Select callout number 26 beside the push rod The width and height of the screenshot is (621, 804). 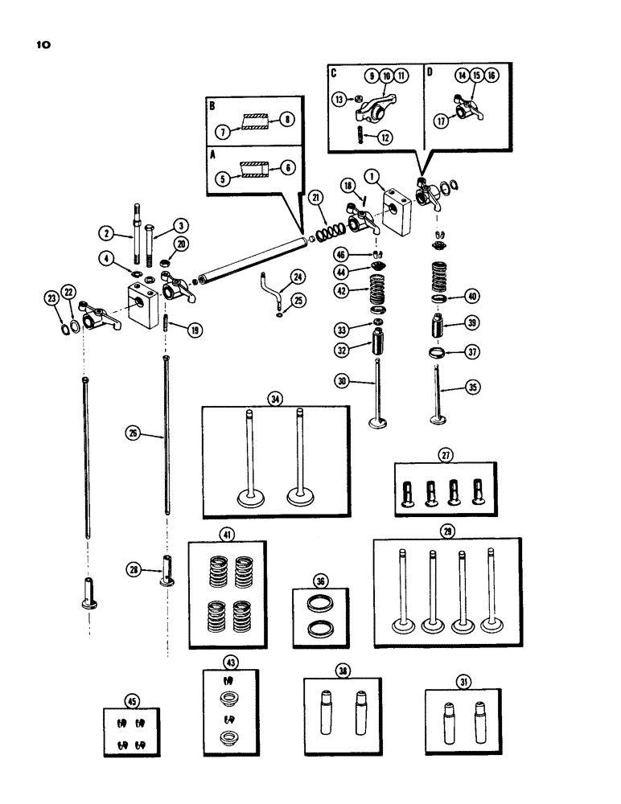point(133,433)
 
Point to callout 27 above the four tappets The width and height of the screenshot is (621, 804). point(445,455)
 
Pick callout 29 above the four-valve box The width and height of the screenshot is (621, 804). point(446,530)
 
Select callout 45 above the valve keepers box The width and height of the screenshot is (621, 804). point(132,700)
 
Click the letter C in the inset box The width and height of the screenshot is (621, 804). point(333,72)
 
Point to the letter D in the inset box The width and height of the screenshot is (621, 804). point(429,72)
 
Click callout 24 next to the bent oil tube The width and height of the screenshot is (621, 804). point(276,277)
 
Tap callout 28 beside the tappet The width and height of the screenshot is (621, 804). point(135,569)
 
